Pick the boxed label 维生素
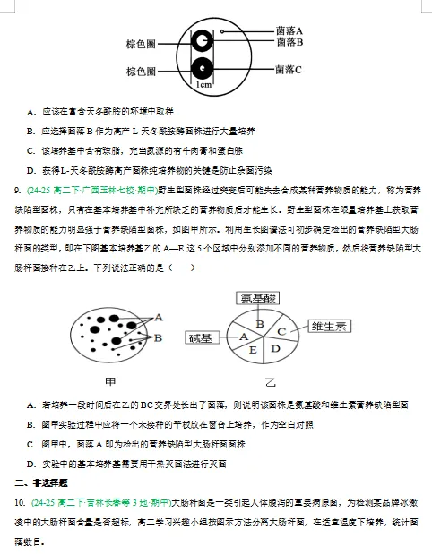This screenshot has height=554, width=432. [x=331, y=326]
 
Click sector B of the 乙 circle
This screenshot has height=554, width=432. [x=259, y=322]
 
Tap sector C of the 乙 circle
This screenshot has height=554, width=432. [x=281, y=330]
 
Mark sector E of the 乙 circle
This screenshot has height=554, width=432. [x=252, y=350]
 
